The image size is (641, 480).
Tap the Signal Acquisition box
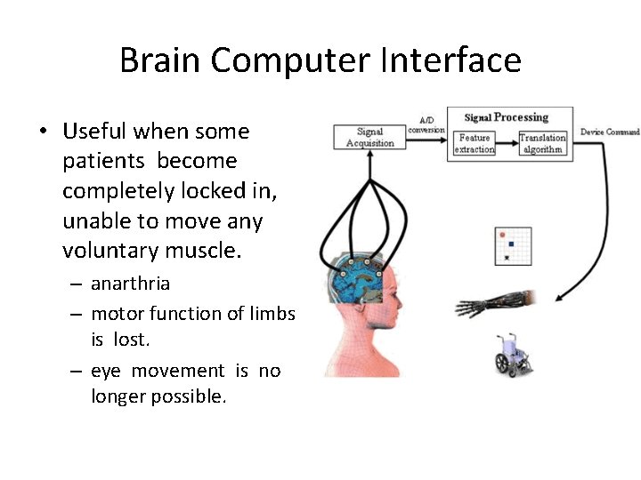coord(369,137)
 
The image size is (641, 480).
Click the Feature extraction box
coord(475,144)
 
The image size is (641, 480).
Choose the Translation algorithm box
coord(542,144)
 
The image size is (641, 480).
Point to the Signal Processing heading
coord(507,116)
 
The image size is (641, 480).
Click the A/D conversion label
coord(426,124)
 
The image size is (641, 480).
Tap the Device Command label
coord(610,132)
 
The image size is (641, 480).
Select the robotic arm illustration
coord(494,303)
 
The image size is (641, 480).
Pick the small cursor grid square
coord(512,245)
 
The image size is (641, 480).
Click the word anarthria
coord(130,284)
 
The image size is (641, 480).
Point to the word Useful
coord(94,132)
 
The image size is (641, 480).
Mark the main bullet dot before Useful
coord(42,132)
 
